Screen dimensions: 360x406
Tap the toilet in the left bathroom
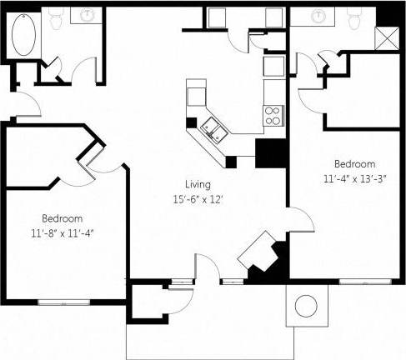click(58, 18)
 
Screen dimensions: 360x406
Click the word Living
click(198, 184)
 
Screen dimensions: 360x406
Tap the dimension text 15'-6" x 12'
click(198, 199)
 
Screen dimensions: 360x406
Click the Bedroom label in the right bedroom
click(353, 163)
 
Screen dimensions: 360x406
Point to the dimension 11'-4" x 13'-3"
click(353, 177)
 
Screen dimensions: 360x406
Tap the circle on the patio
click(307, 306)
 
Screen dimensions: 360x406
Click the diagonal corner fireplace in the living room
click(260, 253)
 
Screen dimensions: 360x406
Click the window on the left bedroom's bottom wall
click(62, 297)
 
